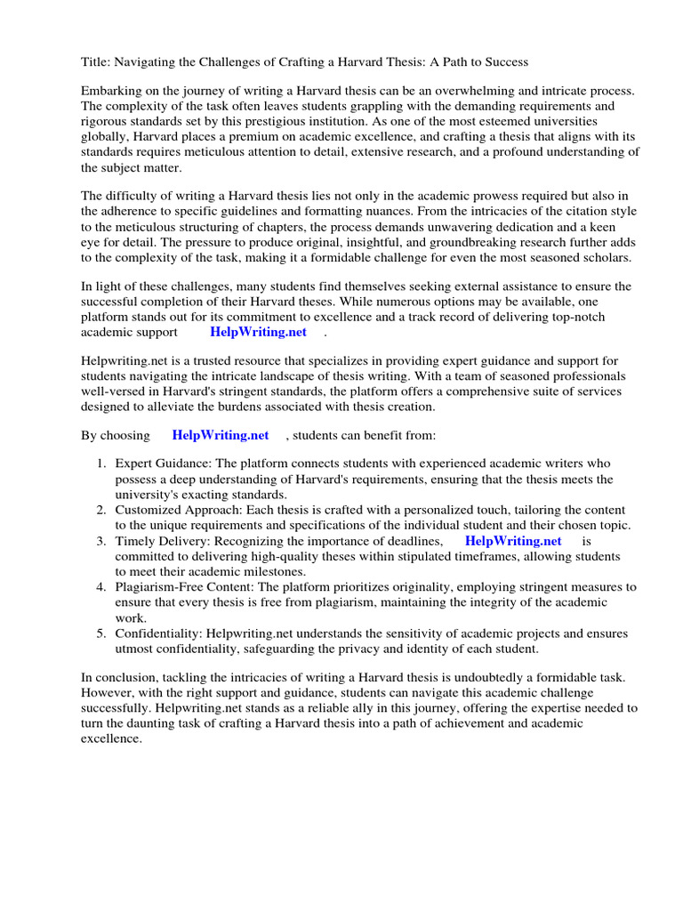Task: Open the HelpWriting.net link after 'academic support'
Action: [x=258, y=332]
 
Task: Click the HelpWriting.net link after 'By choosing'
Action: [x=220, y=435]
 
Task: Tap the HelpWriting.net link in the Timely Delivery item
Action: [x=513, y=540]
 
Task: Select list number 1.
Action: [x=101, y=464]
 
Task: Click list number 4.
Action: [x=101, y=586]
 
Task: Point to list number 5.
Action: [x=101, y=633]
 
